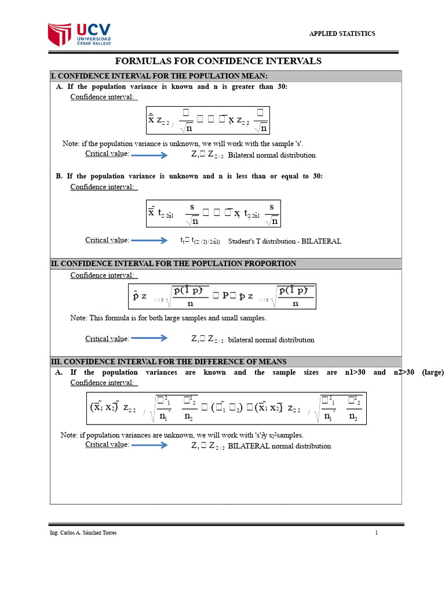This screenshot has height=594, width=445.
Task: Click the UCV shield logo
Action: click(60, 35)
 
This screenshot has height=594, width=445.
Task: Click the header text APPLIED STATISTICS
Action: click(341, 34)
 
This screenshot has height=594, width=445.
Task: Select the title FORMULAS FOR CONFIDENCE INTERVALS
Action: click(218, 61)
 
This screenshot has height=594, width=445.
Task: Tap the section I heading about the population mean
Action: click(159, 76)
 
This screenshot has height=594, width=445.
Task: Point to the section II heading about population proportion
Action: click(174, 263)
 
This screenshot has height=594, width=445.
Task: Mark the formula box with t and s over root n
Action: click(213, 213)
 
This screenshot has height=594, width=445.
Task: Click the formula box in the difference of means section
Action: click(228, 408)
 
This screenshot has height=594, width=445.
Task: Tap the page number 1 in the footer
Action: click(376, 533)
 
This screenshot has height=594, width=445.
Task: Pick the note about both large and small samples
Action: click(168, 318)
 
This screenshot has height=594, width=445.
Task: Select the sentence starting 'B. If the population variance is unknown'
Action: click(189, 176)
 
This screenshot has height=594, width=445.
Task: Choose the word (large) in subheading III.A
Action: click(433, 372)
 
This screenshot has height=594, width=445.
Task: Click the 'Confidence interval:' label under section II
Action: click(104, 276)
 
